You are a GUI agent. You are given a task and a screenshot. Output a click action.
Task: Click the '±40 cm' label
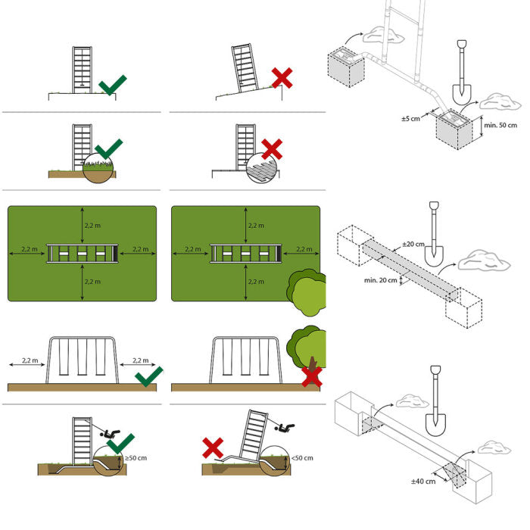coord(424,482)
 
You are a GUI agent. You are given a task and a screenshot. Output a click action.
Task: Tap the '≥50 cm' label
coord(137,458)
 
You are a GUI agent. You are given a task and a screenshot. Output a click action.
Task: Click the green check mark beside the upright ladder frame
coord(112,84)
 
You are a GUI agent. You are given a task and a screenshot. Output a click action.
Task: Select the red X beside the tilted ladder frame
coord(282,77)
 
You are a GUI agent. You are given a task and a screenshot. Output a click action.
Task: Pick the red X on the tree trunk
coord(311,376)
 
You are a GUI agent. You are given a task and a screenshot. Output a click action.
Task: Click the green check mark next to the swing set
coord(148,376)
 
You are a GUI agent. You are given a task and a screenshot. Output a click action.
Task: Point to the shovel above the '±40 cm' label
coord(435,398)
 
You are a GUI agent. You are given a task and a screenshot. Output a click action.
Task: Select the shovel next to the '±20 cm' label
coord(434,233)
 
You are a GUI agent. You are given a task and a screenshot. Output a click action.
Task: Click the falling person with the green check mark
coord(112,434)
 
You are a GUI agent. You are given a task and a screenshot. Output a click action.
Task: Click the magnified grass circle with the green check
coord(99,167)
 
